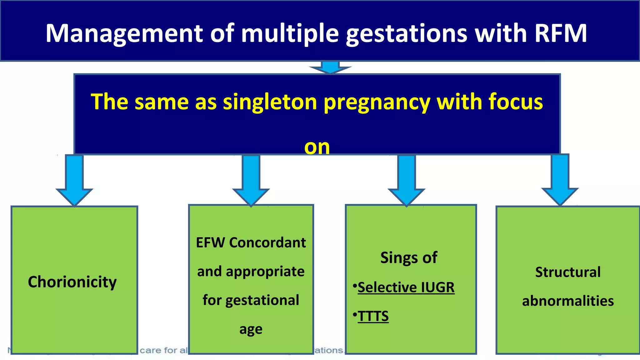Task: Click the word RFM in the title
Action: click(561, 33)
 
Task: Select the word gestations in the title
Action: click(407, 34)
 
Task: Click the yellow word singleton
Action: click(270, 102)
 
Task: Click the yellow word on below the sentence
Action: click(317, 147)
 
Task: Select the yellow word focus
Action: click(516, 102)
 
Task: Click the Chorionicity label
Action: click(72, 282)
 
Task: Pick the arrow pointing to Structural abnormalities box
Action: click(560, 180)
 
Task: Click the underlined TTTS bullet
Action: click(373, 316)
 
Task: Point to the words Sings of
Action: click(409, 258)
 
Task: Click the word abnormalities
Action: click(568, 301)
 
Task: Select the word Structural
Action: click(568, 272)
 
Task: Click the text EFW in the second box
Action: click(210, 243)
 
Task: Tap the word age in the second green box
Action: click(251, 329)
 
